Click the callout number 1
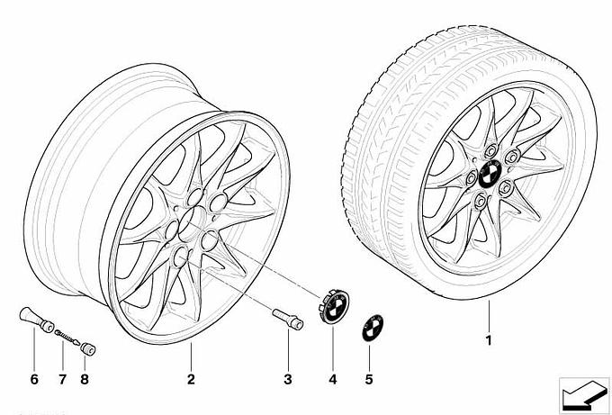click(489, 340)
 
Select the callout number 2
click(191, 379)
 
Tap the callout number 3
click(287, 379)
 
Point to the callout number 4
click(332, 379)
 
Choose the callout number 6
click(34, 379)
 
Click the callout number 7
click(62, 379)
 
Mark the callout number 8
click(86, 379)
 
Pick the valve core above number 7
click(64, 336)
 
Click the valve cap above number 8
click(89, 346)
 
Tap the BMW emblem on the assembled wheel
click(491, 173)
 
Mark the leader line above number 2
click(191, 356)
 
